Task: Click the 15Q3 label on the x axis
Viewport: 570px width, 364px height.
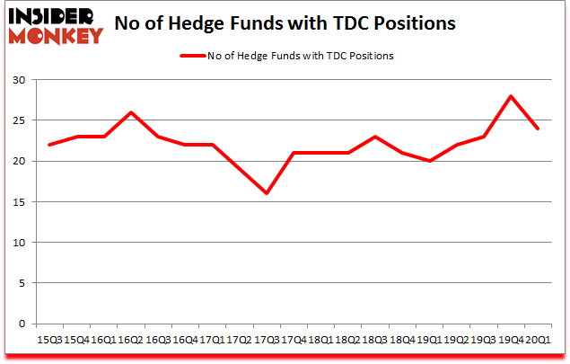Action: click(50, 341)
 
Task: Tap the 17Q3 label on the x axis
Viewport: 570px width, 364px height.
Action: click(266, 341)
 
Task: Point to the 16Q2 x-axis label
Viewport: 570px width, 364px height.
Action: click(131, 341)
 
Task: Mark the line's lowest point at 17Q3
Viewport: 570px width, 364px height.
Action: click(267, 193)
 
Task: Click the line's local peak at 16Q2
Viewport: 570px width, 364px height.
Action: click(132, 112)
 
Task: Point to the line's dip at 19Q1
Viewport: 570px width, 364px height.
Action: click(428, 161)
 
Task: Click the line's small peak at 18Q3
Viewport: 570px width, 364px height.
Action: click(374, 137)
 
